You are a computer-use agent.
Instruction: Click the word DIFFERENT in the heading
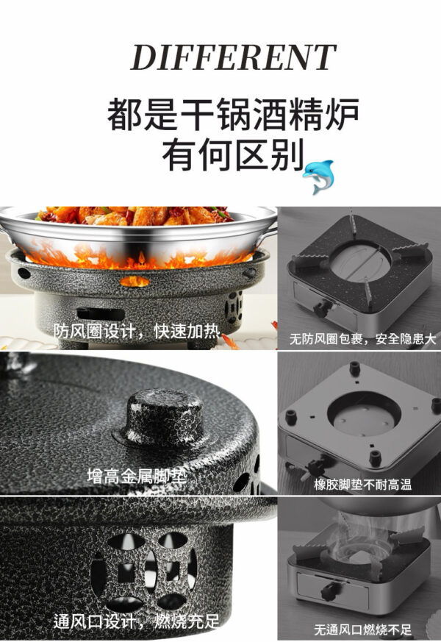coord(233,57)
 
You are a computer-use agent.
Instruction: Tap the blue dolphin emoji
coord(319,176)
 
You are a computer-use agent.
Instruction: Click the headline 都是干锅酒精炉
coord(233,115)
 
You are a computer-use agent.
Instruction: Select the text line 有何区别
coord(233,154)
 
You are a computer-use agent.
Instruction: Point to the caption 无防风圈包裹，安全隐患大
coord(363,339)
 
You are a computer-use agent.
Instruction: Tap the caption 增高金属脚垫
coord(137,477)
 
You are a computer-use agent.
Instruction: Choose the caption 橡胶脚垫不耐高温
coord(363,485)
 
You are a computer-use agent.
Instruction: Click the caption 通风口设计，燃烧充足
coord(137,621)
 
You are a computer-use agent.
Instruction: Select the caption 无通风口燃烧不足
coord(363,629)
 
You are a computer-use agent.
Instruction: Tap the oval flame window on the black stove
coord(135,281)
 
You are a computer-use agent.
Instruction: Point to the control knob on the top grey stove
coord(320,308)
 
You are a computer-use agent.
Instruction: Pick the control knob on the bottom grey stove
coord(330,591)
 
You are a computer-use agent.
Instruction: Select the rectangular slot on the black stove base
coord(101,314)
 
